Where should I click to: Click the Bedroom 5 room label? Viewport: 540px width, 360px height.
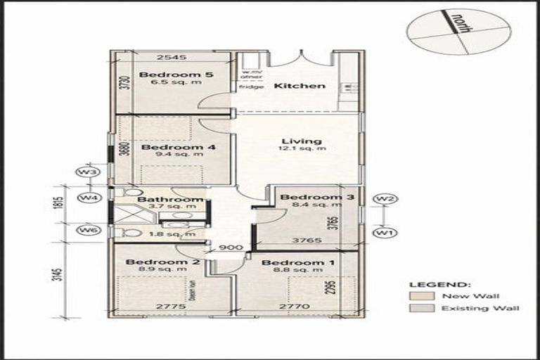tap(166, 74)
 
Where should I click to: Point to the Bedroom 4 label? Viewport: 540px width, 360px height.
tap(168, 148)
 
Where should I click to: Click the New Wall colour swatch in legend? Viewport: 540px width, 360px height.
tap(421, 296)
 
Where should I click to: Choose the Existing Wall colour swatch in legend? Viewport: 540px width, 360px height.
tap(421, 308)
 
